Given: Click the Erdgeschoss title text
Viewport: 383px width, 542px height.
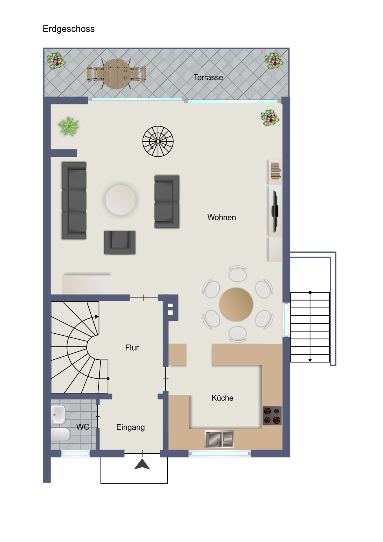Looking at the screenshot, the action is [x=69, y=29].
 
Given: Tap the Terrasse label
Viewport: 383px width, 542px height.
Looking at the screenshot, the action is [x=208, y=77].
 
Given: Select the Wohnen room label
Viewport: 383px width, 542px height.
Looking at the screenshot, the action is [x=222, y=217].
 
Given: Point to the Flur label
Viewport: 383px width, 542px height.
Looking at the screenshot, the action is [x=132, y=348].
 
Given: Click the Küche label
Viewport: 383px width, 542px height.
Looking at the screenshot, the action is [x=222, y=398].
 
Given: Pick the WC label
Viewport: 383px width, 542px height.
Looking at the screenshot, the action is [x=83, y=427].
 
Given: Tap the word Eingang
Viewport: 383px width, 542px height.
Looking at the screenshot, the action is [x=130, y=427].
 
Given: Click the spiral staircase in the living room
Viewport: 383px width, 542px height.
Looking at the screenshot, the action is [x=158, y=141].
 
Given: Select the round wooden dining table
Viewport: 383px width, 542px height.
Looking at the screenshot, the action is [x=236, y=305].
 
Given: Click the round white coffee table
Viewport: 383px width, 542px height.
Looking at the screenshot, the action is [x=121, y=200].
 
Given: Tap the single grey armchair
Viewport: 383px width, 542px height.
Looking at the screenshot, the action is [x=120, y=242].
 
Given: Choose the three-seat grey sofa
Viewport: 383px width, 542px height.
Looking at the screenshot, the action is [x=74, y=200].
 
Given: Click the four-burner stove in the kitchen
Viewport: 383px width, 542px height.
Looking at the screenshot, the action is [x=272, y=416].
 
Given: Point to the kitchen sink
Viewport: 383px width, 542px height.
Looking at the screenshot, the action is [x=219, y=439].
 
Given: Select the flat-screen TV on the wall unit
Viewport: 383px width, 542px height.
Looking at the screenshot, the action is [x=275, y=211].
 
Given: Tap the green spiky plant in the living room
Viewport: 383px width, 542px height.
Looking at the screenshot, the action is [x=69, y=126].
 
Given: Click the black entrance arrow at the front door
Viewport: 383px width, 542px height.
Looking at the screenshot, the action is [x=142, y=464].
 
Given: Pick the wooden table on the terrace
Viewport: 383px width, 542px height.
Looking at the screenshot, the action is [x=117, y=74].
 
